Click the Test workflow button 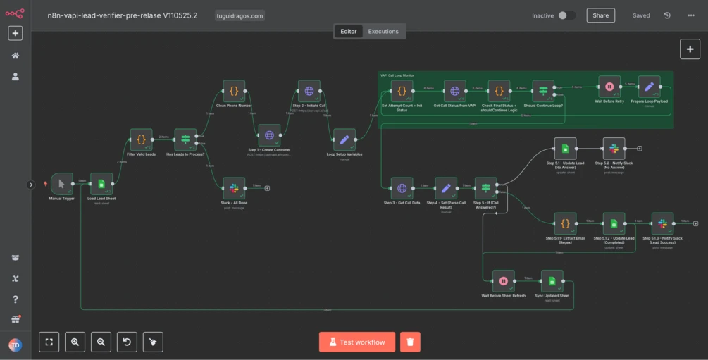[x=356, y=342]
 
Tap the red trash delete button [x=411, y=342]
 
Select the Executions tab [x=383, y=31]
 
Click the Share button [x=600, y=15]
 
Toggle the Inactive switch [x=566, y=15]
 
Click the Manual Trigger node [x=61, y=184]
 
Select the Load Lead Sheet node [x=101, y=184]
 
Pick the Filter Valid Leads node [x=141, y=139]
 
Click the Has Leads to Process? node [x=185, y=139]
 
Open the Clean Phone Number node [x=234, y=91]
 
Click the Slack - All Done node [x=233, y=188]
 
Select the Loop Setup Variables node [x=344, y=139]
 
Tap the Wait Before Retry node [x=609, y=87]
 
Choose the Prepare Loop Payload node [x=649, y=87]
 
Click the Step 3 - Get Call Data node [x=402, y=188]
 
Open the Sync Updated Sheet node [x=552, y=281]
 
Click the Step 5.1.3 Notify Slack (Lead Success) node [x=662, y=223]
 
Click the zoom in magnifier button [x=75, y=342]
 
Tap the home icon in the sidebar [x=15, y=56]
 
